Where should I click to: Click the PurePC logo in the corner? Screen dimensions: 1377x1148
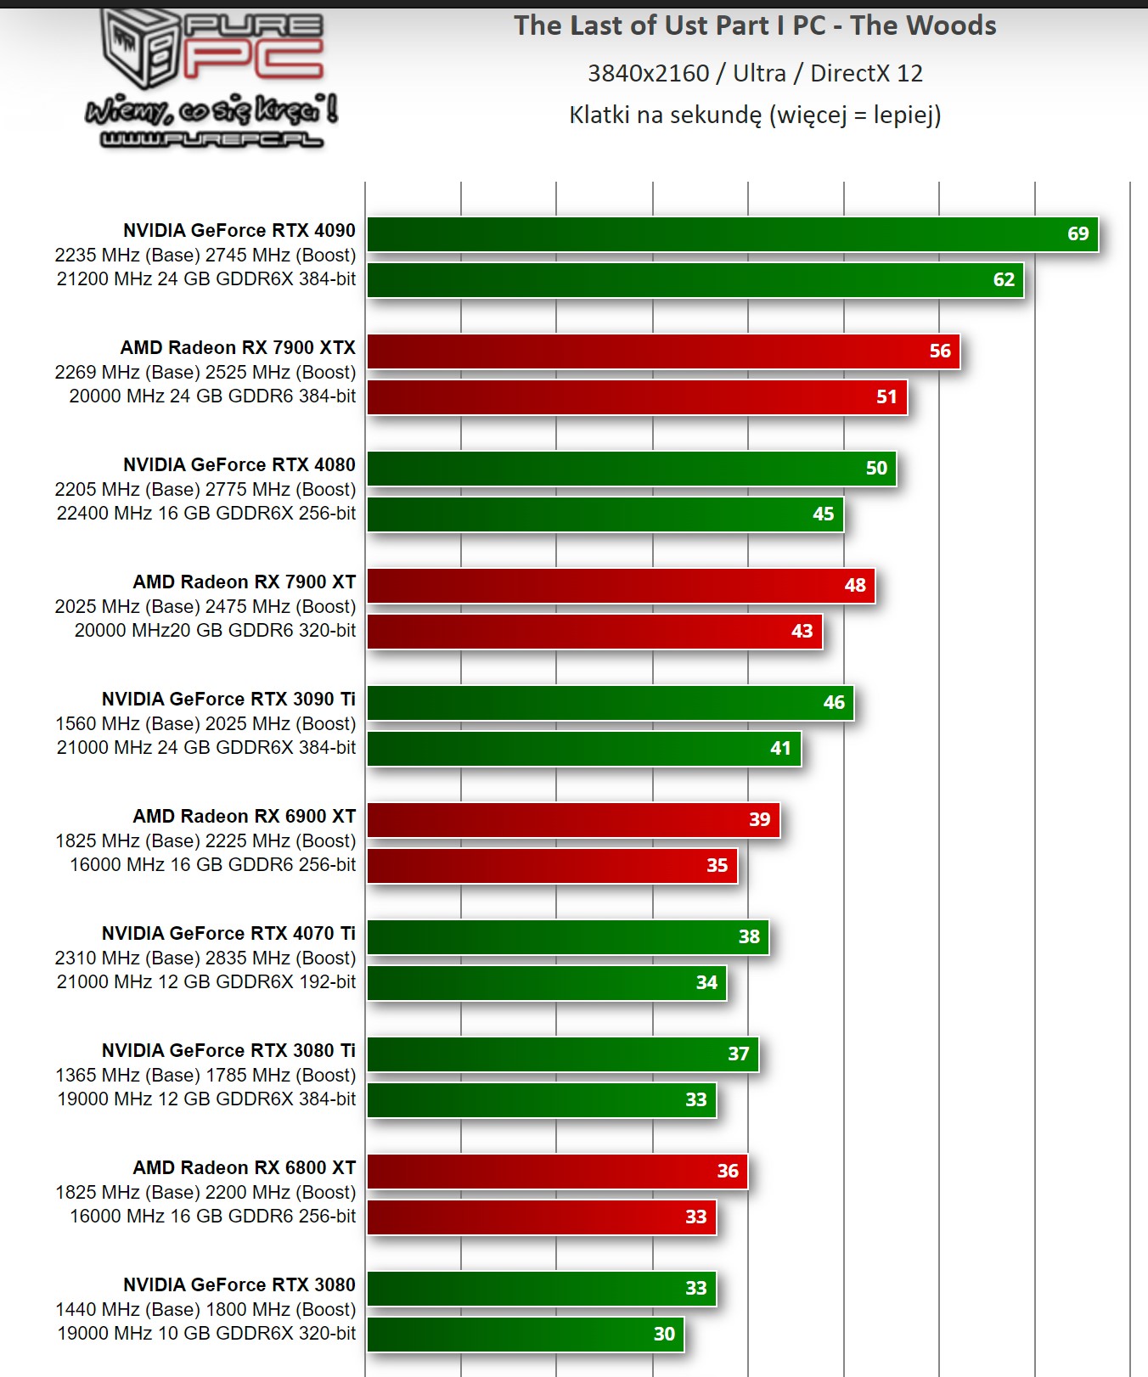tap(211, 78)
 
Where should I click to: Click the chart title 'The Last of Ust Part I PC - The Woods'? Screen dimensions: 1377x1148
tap(755, 26)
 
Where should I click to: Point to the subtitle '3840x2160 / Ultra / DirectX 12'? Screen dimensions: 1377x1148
tap(755, 73)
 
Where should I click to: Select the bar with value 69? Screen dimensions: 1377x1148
tap(732, 234)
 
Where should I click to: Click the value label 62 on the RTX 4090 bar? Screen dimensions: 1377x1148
tap(1004, 280)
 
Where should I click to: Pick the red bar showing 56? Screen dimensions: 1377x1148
tap(663, 351)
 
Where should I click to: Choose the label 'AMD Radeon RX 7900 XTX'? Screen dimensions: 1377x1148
tap(238, 347)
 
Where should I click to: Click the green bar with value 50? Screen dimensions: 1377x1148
tap(631, 469)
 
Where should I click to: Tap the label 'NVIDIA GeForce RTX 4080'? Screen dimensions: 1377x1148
tap(239, 464)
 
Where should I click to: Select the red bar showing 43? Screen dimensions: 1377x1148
tap(594, 632)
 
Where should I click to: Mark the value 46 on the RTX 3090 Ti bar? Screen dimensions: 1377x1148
tap(834, 703)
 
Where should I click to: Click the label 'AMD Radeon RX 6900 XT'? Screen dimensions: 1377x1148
tap(244, 816)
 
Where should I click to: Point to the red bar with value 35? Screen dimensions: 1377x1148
tap(552, 866)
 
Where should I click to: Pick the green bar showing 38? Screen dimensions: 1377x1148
tap(567, 937)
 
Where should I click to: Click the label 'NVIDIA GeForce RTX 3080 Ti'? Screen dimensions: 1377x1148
tap(228, 1050)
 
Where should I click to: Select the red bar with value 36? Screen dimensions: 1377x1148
tap(557, 1172)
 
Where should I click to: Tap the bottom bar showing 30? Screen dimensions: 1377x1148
tap(526, 1335)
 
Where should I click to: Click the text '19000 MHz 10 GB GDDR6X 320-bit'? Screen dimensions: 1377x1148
tap(206, 1333)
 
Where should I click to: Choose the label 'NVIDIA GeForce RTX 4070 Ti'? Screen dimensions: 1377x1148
tap(228, 933)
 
